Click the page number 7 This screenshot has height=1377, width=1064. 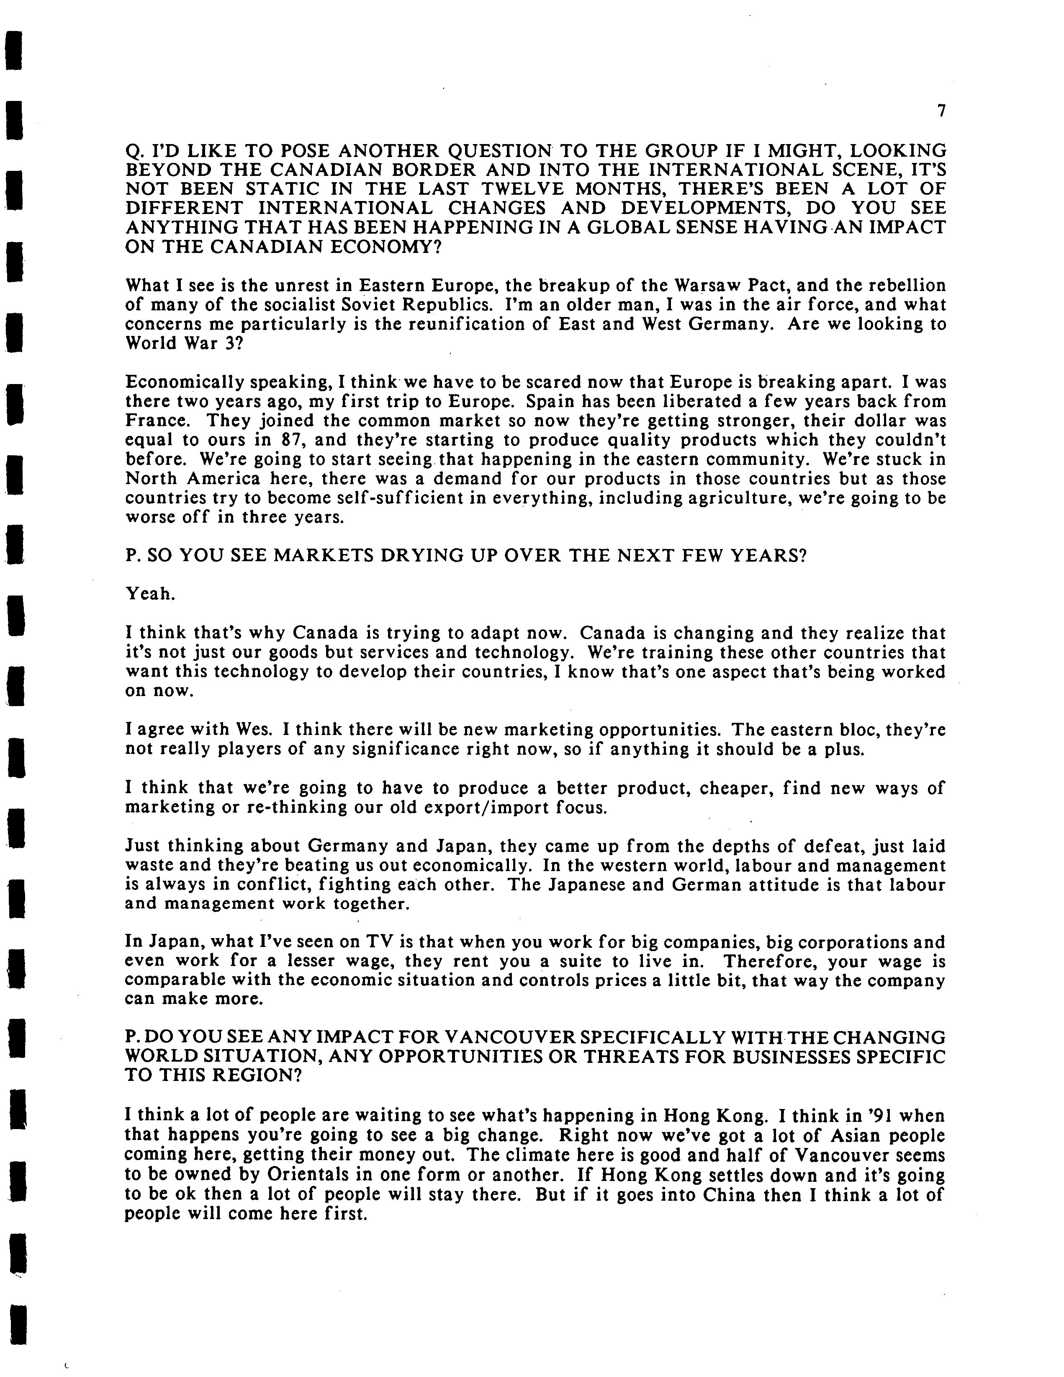[941, 111]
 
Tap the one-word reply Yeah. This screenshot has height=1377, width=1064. [150, 594]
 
